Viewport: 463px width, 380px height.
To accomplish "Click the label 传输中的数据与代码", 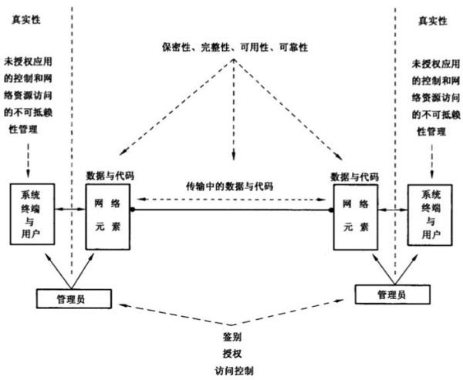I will click(231, 187).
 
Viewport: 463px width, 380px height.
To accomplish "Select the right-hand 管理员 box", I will click(390, 294).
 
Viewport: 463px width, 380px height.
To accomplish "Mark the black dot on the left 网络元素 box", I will click(133, 210).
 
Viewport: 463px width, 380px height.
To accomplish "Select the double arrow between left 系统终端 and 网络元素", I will click(70, 209).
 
